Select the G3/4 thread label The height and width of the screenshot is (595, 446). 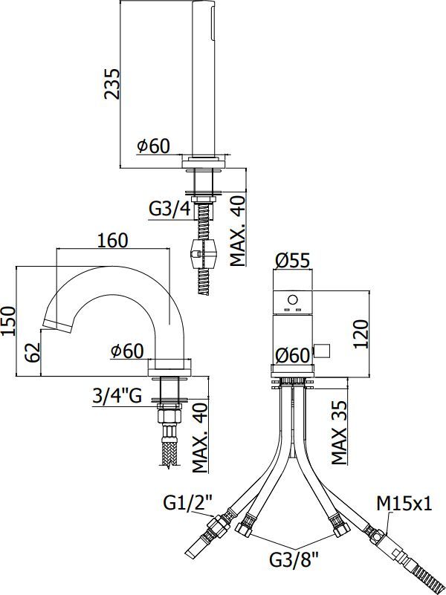pyautogui.click(x=170, y=209)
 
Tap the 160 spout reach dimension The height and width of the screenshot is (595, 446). pyautogui.click(x=112, y=241)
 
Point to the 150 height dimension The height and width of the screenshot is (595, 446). pyautogui.click(x=9, y=321)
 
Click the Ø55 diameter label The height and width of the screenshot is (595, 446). pyautogui.click(x=292, y=260)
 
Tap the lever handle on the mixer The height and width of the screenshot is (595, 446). pyautogui.click(x=323, y=349)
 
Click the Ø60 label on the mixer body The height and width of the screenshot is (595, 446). pyautogui.click(x=292, y=355)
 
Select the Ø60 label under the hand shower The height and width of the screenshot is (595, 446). pyautogui.click(x=153, y=146)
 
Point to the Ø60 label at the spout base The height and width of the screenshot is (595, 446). pyautogui.click(x=127, y=351)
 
